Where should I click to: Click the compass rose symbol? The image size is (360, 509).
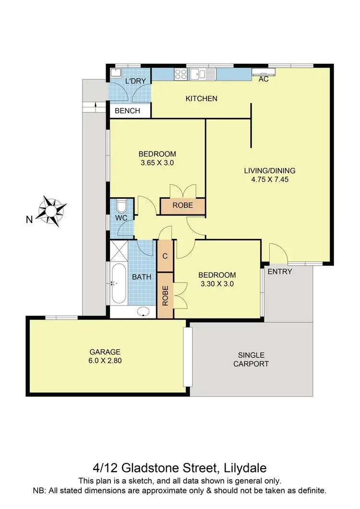coord(54,210)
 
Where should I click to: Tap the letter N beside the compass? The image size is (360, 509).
coord(29,220)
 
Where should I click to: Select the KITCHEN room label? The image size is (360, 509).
coord(202,99)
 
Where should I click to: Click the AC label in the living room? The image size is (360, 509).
coord(263,80)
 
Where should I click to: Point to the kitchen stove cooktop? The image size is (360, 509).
coord(180,74)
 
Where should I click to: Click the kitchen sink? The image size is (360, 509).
coord(202,74)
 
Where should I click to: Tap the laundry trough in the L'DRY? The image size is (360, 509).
coord(116,73)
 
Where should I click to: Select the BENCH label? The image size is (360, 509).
coord(128,111)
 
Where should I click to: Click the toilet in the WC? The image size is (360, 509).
coord(121,207)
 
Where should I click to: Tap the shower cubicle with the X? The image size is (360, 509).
coord(119,250)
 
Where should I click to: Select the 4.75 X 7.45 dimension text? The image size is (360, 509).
coord(270,180)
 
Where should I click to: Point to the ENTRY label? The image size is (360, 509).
coord(279,272)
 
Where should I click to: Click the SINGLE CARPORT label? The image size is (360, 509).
coord(251,359)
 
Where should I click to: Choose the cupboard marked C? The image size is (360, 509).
coord(165,256)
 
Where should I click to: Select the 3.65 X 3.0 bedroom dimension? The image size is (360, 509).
coord(157,163)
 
